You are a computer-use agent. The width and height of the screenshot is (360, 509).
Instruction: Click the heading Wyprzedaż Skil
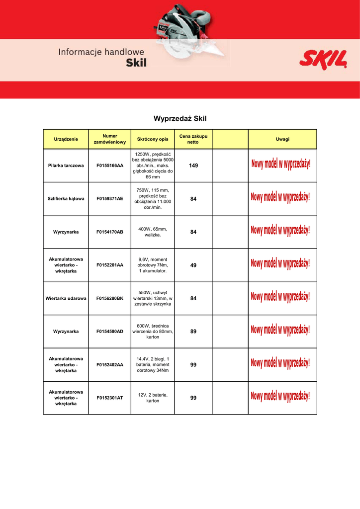tap(180, 119)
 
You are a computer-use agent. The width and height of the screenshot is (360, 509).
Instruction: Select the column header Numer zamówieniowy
tap(110, 139)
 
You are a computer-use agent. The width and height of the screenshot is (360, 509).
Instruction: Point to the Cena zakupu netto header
tap(193, 139)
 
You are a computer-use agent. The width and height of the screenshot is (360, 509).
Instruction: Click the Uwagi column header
tap(282, 139)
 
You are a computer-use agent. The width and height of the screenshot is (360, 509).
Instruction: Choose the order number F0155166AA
tap(110, 165)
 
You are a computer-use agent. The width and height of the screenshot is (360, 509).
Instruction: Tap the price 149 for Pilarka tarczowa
tap(193, 165)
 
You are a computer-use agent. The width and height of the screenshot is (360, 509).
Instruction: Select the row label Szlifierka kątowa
tap(66, 199)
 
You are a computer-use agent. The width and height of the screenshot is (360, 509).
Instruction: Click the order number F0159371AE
tap(110, 199)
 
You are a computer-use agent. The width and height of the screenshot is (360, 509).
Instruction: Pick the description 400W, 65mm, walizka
tap(153, 232)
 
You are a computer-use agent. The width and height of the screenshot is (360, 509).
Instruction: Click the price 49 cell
tap(193, 265)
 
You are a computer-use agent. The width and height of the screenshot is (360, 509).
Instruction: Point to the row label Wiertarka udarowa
tap(66, 298)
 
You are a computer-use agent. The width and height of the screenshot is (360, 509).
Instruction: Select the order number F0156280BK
tap(110, 298)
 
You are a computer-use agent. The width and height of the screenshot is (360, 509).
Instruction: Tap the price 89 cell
tap(193, 332)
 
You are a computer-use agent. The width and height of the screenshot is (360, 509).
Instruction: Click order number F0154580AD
tap(110, 332)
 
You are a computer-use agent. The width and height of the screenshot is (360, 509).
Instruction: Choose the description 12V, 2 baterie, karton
tap(153, 398)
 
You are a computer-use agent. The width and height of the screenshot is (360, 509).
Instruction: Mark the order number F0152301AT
tap(110, 398)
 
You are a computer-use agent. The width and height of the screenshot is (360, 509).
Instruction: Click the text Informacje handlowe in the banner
tap(101, 52)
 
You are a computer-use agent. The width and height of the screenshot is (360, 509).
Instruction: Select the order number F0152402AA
tap(110, 365)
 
